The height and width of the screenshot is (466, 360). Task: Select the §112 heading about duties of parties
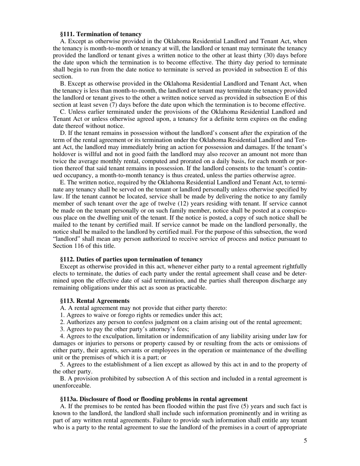pos(131,260)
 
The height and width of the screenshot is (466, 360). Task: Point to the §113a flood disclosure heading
pos(154,399)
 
